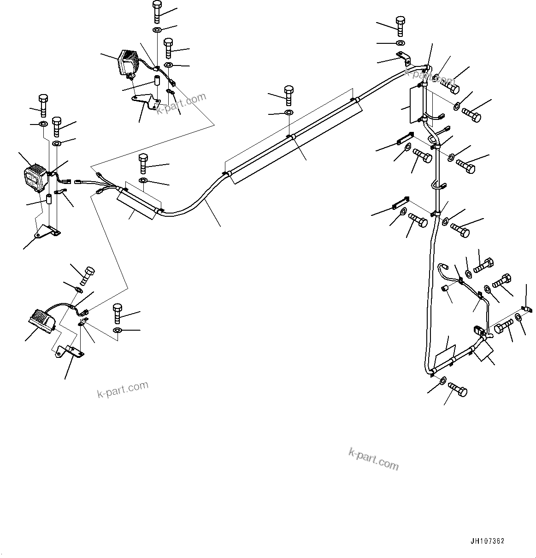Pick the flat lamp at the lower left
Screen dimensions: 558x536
tap(42, 320)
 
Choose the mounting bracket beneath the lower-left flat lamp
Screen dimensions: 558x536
tap(70, 352)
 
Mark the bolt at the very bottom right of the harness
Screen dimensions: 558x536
tap(457, 390)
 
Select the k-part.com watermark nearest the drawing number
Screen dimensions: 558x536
tap(373, 459)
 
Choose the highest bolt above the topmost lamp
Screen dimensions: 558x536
tap(156, 12)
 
